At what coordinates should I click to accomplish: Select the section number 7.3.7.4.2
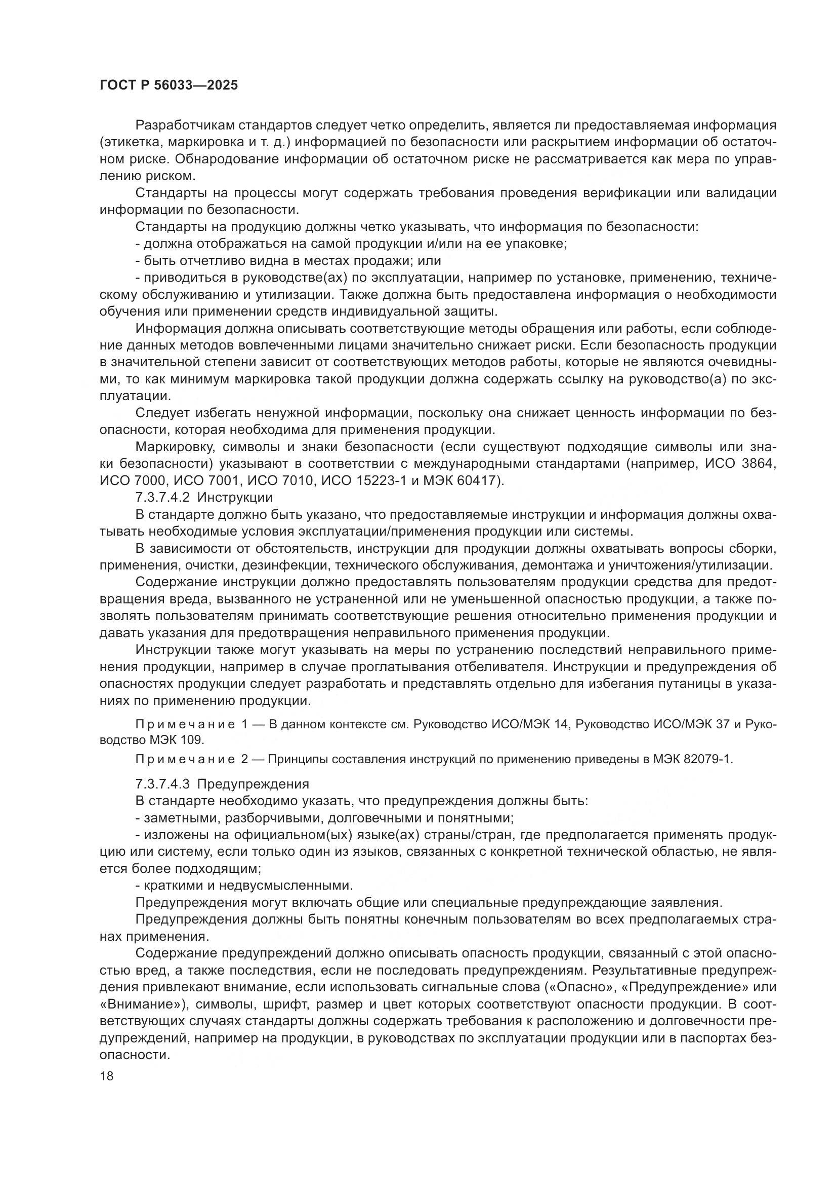[x=163, y=498]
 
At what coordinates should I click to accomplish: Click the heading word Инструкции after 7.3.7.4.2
[x=235, y=498]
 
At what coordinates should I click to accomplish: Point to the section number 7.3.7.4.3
[x=163, y=784]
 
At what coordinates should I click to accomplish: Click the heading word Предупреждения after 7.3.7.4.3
[x=253, y=784]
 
